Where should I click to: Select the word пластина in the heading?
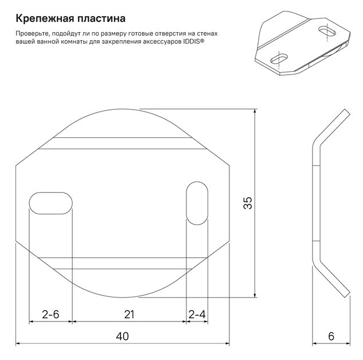[102, 18]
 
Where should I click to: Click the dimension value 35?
[248, 203]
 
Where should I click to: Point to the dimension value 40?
[122, 336]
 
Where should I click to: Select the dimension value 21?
[129, 315]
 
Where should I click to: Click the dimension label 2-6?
[50, 315]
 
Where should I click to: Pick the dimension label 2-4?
[197, 315]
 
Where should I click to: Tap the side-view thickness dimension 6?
[331, 336]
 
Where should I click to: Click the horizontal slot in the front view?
[50, 203]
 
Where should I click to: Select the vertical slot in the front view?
[197, 203]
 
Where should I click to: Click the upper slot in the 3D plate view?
[327, 30]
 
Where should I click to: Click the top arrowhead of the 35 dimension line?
[255, 111]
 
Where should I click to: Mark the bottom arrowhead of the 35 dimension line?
[255, 295]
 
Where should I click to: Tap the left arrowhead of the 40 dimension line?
[18, 343]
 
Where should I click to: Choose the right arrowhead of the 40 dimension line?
[227, 343]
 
